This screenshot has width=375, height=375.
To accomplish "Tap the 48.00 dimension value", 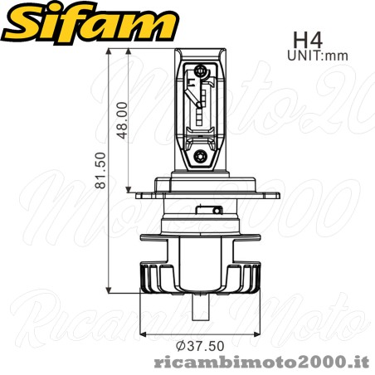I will [122, 119].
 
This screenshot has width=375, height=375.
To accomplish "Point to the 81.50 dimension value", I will [101, 170].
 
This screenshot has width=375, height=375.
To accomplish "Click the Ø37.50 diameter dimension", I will [195, 344].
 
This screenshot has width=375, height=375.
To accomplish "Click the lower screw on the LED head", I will [200, 154].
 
